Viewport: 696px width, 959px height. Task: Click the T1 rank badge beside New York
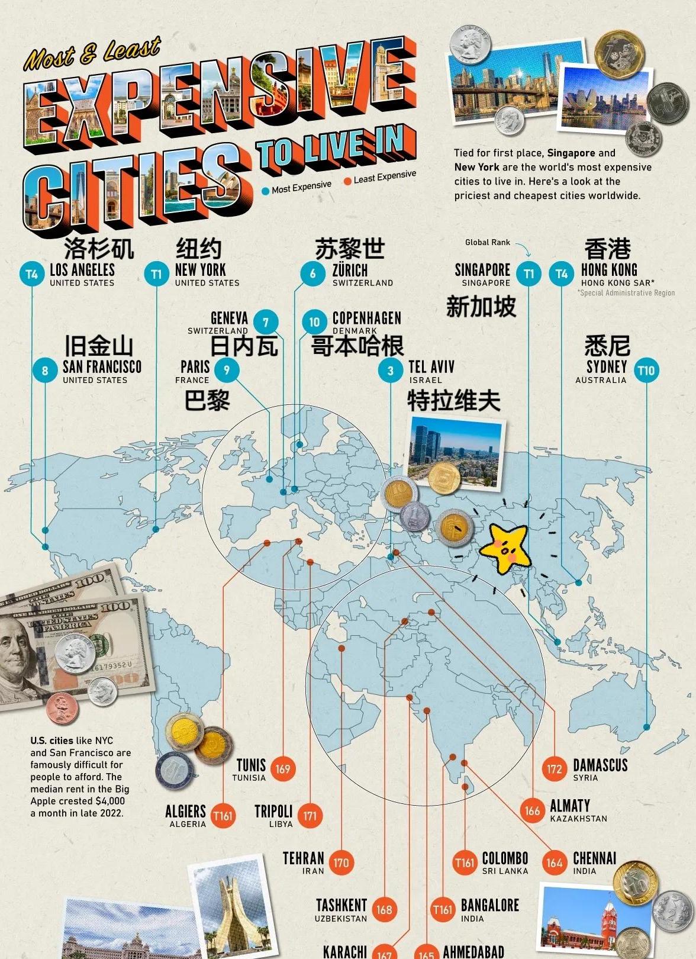(156, 275)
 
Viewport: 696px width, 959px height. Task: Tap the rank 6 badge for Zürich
(312, 273)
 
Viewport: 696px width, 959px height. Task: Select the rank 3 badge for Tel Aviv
(390, 371)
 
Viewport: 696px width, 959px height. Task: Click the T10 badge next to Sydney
(646, 371)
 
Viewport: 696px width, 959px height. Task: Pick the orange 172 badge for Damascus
(554, 769)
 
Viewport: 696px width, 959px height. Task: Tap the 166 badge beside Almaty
(532, 810)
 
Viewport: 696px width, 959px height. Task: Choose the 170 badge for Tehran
(341, 863)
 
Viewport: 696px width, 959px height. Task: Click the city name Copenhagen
(366, 318)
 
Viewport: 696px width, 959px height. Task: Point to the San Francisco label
(102, 367)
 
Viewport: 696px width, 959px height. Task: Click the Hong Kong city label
(609, 270)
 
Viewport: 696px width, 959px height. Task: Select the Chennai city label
(594, 858)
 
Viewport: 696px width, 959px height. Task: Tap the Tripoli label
(273, 811)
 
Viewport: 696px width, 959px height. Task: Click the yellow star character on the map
(505, 548)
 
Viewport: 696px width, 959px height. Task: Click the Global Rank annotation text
(487, 242)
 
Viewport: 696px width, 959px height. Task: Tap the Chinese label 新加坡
(481, 307)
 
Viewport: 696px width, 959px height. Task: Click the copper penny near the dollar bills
(62, 709)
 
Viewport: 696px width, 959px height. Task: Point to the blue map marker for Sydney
(646, 727)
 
